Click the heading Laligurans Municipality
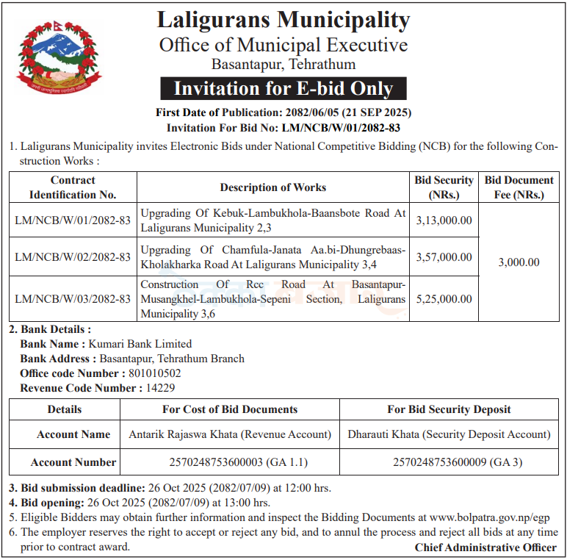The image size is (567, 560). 283,20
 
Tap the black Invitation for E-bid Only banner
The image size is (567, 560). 283,89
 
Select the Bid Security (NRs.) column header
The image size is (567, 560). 444,187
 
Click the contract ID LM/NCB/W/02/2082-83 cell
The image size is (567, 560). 73,256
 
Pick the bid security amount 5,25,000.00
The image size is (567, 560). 444,299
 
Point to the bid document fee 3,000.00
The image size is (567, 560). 519,262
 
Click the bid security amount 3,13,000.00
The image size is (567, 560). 444,220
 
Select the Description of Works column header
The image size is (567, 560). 273,187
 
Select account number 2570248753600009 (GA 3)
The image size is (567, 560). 449,462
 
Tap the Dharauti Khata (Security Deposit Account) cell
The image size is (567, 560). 449,434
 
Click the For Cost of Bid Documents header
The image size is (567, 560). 230,409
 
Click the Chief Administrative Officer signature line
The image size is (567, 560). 485,548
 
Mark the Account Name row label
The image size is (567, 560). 73,434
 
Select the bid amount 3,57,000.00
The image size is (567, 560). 444,256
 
